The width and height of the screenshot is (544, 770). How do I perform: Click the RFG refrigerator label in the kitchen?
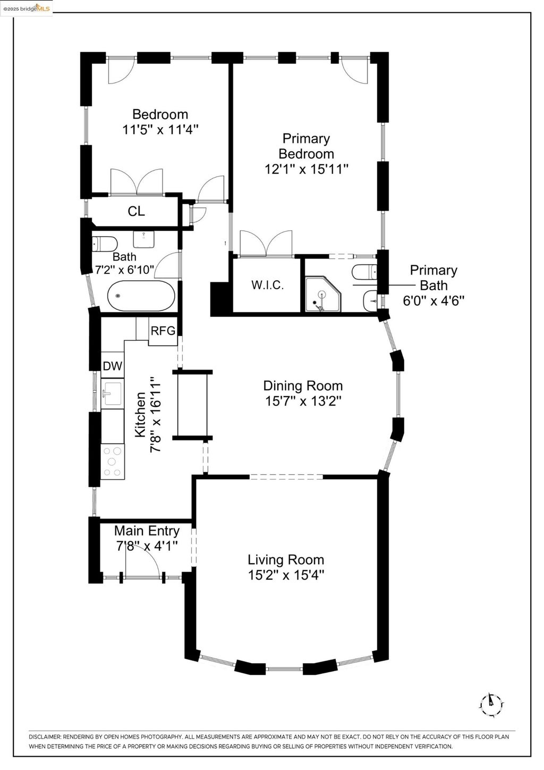(x=163, y=331)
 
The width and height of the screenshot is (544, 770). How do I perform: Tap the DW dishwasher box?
(x=113, y=366)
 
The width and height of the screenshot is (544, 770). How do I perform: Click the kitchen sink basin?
(x=113, y=394)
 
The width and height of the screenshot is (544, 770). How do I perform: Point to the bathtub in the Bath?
(x=141, y=296)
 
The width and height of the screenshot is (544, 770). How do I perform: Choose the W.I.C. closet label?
(x=268, y=285)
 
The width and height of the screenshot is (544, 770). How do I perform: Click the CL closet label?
(x=137, y=211)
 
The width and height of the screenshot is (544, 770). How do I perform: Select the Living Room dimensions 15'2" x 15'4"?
(x=286, y=575)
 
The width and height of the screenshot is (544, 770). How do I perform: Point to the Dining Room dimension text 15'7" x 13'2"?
(x=303, y=401)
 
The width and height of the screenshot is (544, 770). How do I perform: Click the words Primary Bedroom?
(x=306, y=146)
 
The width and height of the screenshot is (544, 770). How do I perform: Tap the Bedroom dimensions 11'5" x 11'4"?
(x=161, y=130)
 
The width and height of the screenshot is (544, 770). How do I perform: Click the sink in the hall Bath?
(x=143, y=239)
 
